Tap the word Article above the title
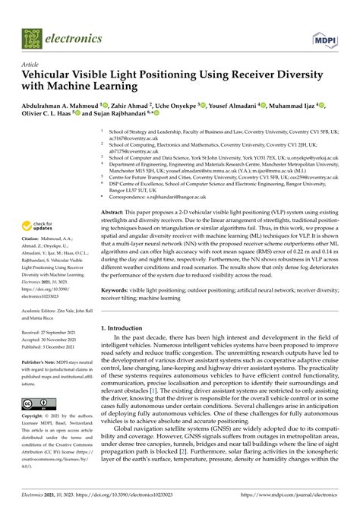(32, 65)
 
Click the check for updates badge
(39, 225)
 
